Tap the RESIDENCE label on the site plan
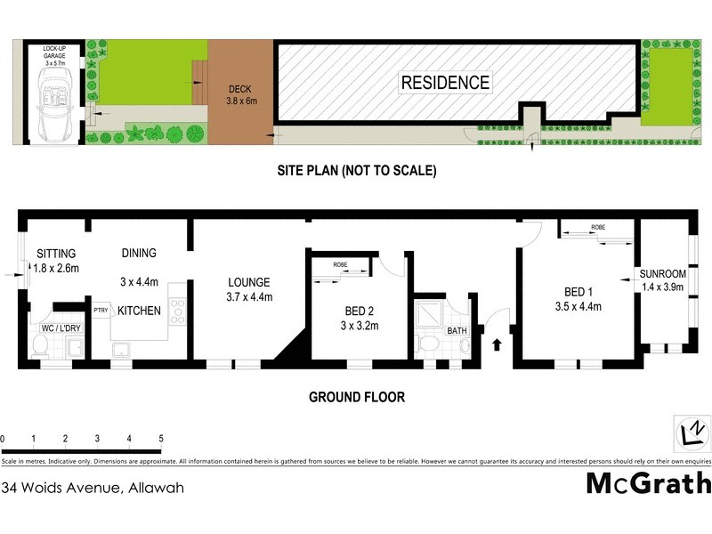pyautogui.click(x=445, y=83)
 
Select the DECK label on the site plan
pyautogui.click(x=241, y=95)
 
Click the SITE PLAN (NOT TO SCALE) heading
pyautogui.click(x=355, y=170)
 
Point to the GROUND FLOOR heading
pyautogui.click(x=356, y=397)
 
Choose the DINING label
pyautogui.click(x=139, y=253)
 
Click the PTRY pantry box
pyautogui.click(x=101, y=310)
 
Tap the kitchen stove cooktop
pyautogui.click(x=176, y=311)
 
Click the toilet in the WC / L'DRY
pyautogui.click(x=40, y=348)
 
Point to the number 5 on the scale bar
pyautogui.click(x=161, y=439)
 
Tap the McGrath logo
pyautogui.click(x=648, y=483)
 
